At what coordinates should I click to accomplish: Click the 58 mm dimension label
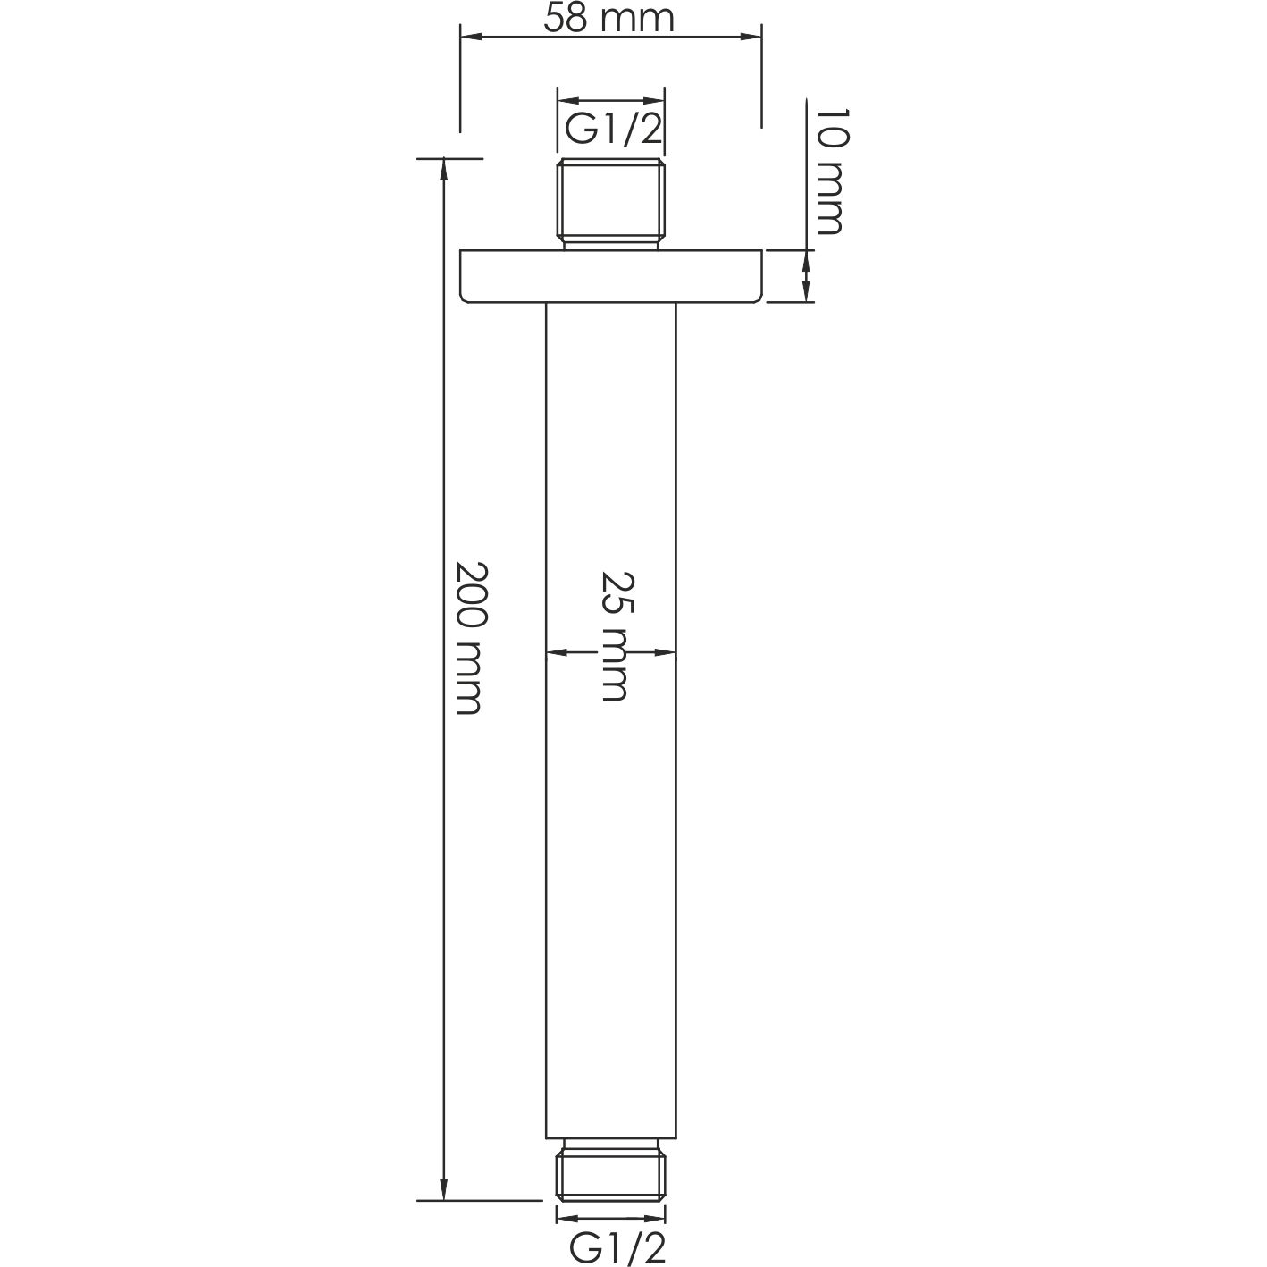tap(609, 18)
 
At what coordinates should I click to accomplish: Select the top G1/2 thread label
tap(613, 130)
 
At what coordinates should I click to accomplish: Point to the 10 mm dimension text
tap(830, 172)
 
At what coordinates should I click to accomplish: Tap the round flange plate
tap(611, 277)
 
